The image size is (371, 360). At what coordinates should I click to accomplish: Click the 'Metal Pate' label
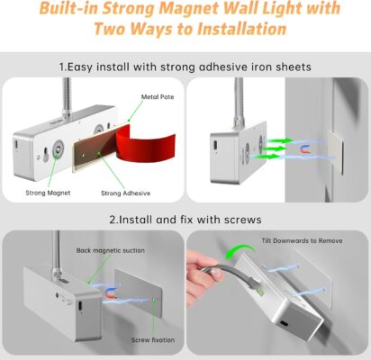[x=158, y=97]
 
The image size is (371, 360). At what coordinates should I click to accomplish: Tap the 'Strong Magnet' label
[x=48, y=193]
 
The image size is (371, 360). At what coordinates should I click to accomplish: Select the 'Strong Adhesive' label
[x=125, y=193]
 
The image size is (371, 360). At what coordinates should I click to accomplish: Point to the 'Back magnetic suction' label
[x=110, y=250]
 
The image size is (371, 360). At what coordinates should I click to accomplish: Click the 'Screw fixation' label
[x=153, y=340]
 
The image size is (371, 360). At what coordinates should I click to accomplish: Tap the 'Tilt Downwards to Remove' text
[x=302, y=241]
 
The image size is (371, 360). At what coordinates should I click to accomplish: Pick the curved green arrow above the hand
[x=240, y=251]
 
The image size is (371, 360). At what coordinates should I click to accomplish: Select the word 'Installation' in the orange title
[x=241, y=29]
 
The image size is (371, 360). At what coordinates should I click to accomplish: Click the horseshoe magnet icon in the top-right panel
[x=305, y=149]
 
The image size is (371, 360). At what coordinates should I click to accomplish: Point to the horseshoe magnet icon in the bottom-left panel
[x=110, y=292]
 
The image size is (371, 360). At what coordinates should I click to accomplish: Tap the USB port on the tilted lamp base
[x=283, y=325]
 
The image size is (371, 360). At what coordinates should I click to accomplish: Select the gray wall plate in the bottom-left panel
[x=139, y=292]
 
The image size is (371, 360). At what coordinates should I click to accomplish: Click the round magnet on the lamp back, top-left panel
[x=58, y=148]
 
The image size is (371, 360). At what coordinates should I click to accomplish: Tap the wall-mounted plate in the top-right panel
[x=336, y=151]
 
